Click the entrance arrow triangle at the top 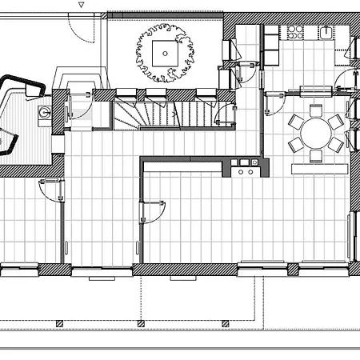(81, 5)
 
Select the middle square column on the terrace (141, 322)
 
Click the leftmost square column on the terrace (60, 322)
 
